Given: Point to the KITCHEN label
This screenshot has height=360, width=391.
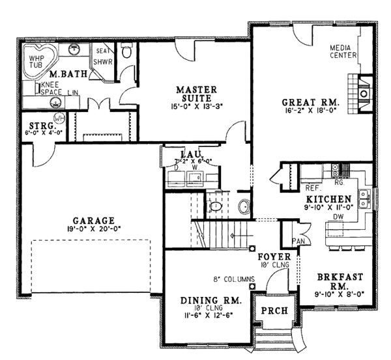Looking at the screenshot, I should pyautogui.click(x=326, y=198).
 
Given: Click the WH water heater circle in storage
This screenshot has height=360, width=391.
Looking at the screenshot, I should pyautogui.click(x=59, y=118).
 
